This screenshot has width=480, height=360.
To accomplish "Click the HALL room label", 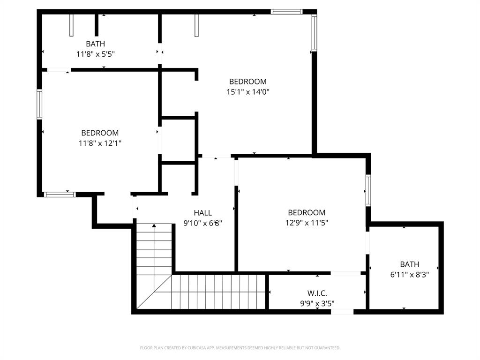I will click(x=202, y=212).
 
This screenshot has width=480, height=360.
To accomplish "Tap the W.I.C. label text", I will click(x=317, y=293).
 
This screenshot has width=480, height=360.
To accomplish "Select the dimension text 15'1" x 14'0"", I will click(x=247, y=92).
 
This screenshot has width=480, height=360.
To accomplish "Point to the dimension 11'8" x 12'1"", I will click(x=100, y=143).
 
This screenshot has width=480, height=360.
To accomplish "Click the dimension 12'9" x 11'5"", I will click(x=307, y=223).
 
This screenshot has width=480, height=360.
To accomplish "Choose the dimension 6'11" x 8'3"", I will click(x=409, y=275).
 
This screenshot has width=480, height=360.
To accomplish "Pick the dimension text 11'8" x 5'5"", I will click(x=96, y=54).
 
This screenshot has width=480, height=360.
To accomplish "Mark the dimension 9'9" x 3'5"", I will click(x=317, y=303).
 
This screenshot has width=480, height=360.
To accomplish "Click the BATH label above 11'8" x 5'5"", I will click(x=96, y=44).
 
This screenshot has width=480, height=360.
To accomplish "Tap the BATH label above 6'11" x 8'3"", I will click(x=409, y=264).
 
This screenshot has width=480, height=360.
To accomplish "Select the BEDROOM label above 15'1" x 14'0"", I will click(x=247, y=82).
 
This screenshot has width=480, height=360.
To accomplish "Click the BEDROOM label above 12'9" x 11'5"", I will click(x=307, y=212).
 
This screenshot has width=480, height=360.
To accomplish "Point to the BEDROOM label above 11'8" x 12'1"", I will click(x=100, y=133).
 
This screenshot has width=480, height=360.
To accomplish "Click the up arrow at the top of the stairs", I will click(x=154, y=226).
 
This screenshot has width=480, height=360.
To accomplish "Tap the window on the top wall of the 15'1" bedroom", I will click(x=287, y=12).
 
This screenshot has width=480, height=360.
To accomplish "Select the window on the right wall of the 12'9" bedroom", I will click(x=368, y=190).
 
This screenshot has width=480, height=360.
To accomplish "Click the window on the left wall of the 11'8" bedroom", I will click(x=40, y=105).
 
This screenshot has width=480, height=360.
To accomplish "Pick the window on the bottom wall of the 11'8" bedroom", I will click(x=60, y=194).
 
